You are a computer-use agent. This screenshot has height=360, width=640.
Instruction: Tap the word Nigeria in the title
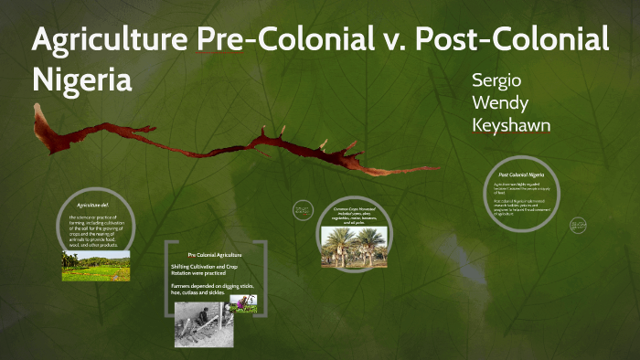pyautogui.click(x=82, y=79)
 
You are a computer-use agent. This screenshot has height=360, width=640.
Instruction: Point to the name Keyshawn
pyautogui.click(x=511, y=124)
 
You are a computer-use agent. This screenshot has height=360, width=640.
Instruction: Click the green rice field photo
pyautogui.click(x=95, y=265)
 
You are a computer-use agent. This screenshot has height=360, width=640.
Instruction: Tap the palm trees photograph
pyautogui.click(x=354, y=247)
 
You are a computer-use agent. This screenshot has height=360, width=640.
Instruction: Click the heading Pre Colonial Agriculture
pyautogui.click(x=216, y=254)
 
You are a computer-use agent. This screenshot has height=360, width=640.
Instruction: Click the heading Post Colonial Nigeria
pyautogui.click(x=521, y=174)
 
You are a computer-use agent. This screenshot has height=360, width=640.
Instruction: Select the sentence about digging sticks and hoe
pyautogui.click(x=215, y=290)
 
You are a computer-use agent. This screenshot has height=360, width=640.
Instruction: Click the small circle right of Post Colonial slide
pyautogui.click(x=579, y=224)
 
